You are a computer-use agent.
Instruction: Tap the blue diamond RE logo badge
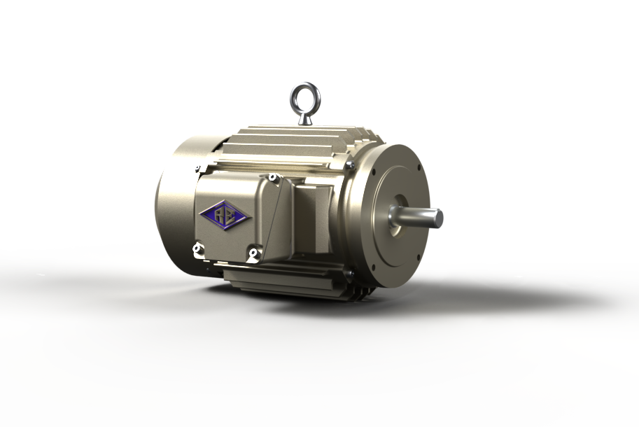coord(225,214)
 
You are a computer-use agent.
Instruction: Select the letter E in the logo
coord(231,214)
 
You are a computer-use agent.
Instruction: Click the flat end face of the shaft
coord(438,218)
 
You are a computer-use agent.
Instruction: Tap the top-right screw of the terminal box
coord(274,178)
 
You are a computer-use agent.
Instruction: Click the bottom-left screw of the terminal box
coord(197,248)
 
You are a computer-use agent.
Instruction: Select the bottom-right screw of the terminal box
coord(253,252)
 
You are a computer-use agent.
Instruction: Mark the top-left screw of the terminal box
coord(199,168)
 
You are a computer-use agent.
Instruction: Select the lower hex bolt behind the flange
coord(346,273)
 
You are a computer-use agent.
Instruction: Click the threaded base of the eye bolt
coord(305,118)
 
